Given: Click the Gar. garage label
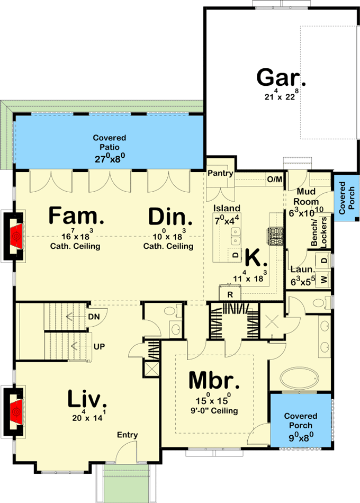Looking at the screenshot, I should point(281,77).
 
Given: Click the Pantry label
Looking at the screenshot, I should point(221,173).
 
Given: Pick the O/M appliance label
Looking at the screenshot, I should point(274,179).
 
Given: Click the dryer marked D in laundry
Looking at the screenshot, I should point(324,261).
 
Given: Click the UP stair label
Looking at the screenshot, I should point(98,346).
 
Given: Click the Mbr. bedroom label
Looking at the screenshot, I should point(214,380).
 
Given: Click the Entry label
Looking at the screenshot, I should point(128,435).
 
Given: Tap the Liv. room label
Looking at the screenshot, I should point(87,399).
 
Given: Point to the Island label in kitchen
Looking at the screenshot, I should point(227,208).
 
